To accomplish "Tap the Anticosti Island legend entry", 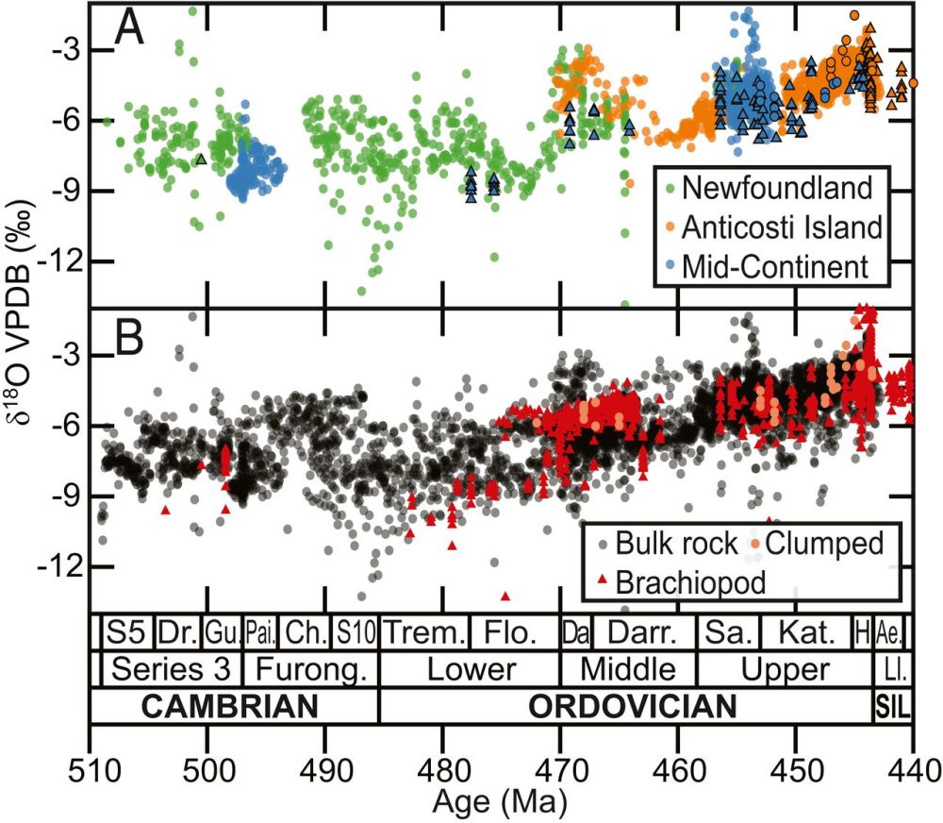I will pyautogui.click(x=782, y=227).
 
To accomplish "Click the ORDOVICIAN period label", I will pyautogui.click(x=632, y=707).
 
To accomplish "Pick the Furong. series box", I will pyautogui.click(x=310, y=669).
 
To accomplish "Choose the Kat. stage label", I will pyautogui.click(x=804, y=631).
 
